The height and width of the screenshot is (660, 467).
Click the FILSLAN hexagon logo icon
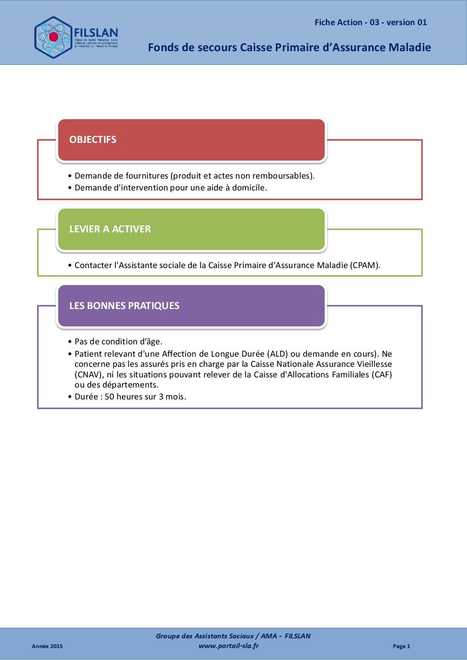tap(53, 37)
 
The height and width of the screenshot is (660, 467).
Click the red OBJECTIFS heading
tap(93, 140)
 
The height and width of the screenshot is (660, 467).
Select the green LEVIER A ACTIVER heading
tap(110, 229)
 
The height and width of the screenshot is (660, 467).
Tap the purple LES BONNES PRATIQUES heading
tap(124, 306)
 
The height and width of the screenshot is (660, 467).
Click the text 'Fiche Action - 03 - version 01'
tap(370, 22)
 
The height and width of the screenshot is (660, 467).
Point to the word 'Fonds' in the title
tap(161, 48)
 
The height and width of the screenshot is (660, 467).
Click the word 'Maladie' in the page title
tap(411, 48)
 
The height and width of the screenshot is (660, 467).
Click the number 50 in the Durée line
tap(109, 397)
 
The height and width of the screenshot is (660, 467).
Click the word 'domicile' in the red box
tap(249, 188)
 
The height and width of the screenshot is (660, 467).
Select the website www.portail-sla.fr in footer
tap(229, 646)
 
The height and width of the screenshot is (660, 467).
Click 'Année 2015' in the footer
tap(47, 646)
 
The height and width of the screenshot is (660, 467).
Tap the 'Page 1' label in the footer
tap(401, 646)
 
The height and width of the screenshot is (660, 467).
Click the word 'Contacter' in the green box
tap(93, 265)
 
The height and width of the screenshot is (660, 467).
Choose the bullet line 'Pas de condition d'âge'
tap(118, 342)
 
